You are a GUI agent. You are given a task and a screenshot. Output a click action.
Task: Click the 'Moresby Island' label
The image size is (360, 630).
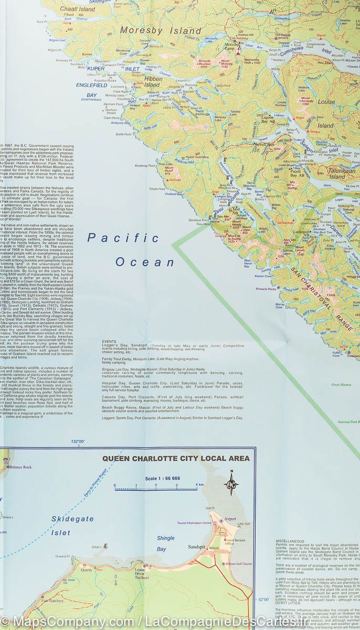tap(161, 30)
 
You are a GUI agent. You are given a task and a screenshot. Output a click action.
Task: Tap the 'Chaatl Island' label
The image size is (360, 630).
tap(78, 9)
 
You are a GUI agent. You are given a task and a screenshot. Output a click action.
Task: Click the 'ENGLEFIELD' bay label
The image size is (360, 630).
tap(91, 85)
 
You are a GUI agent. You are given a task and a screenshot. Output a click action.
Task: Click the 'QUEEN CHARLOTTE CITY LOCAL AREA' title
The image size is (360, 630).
tap(176, 458)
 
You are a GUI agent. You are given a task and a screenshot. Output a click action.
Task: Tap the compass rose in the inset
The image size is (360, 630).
tap(231, 484)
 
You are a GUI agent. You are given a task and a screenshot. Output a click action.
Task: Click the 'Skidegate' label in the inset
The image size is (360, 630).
tap(72, 519)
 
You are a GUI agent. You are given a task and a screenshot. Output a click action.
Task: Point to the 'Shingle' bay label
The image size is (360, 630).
tap(165, 538)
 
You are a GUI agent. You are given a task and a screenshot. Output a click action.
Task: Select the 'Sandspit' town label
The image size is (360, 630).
tap(198, 547)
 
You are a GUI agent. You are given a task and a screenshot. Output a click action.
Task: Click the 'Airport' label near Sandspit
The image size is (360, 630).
tap(229, 519)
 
